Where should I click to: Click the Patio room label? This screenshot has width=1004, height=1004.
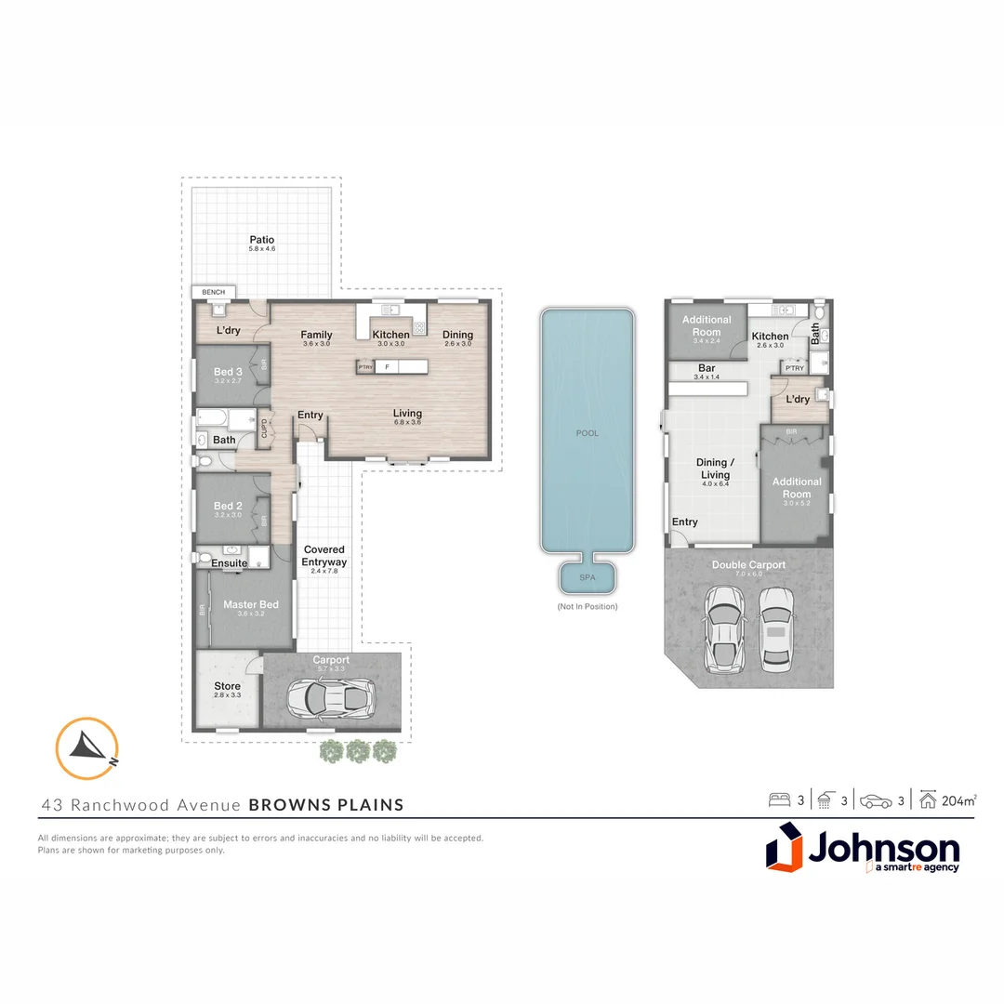click(261, 240)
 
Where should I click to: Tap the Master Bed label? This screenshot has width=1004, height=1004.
click(250, 605)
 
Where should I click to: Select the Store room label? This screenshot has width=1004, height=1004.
click(228, 686)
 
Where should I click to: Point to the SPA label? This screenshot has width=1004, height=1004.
click(588, 577)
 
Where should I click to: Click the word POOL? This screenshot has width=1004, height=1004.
click(588, 433)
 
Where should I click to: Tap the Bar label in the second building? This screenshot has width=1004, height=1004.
click(707, 368)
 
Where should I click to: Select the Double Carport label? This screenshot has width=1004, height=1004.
click(748, 564)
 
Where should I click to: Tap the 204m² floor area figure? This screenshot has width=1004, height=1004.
click(958, 799)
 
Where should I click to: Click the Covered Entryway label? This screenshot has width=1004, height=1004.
click(324, 556)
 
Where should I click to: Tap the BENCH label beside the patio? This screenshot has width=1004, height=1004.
click(213, 292)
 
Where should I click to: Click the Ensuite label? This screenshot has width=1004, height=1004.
click(229, 562)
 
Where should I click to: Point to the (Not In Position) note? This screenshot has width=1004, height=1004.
click(588, 606)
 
